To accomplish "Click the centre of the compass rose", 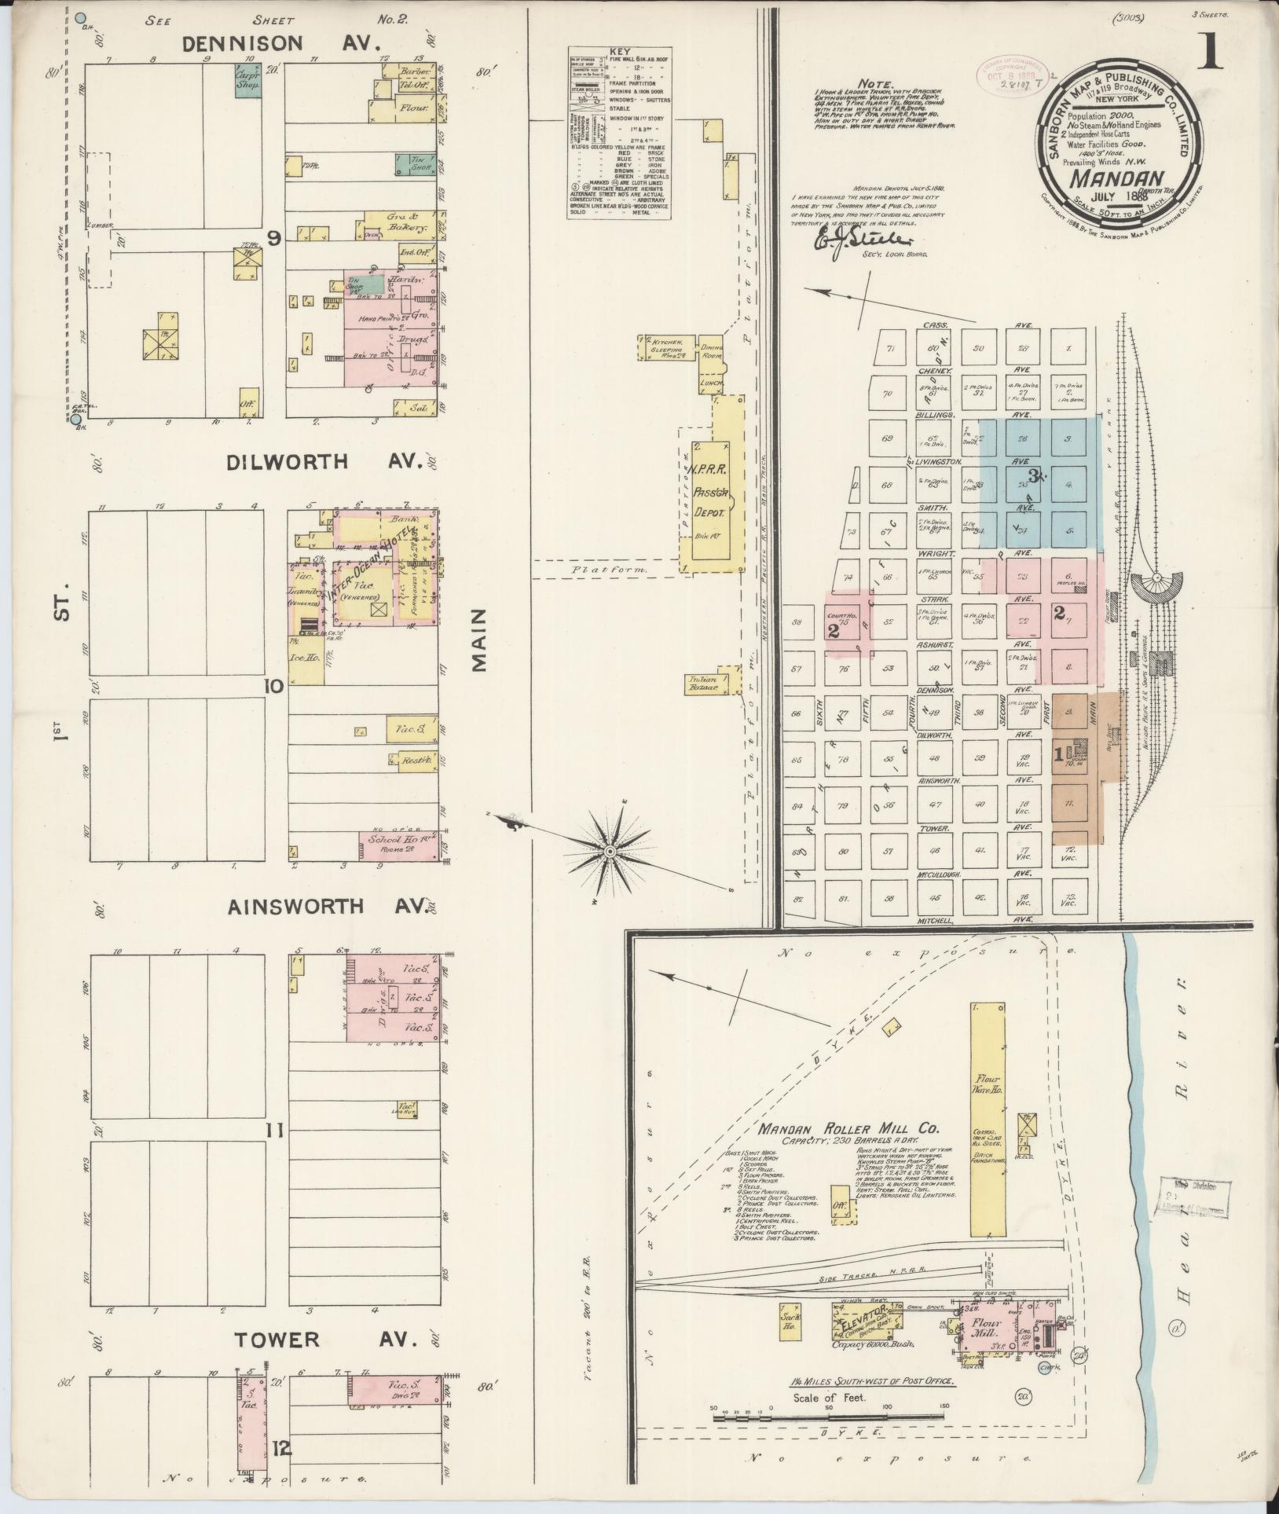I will coord(610,851).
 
